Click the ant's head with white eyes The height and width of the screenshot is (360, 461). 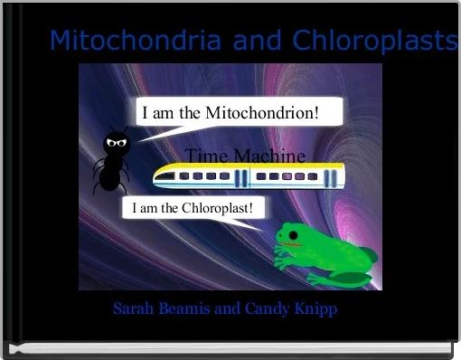click(115, 142)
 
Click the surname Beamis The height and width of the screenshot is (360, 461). click(187, 309)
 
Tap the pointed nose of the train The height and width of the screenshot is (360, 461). click(159, 177)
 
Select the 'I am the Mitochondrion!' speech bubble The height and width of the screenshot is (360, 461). click(239, 114)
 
